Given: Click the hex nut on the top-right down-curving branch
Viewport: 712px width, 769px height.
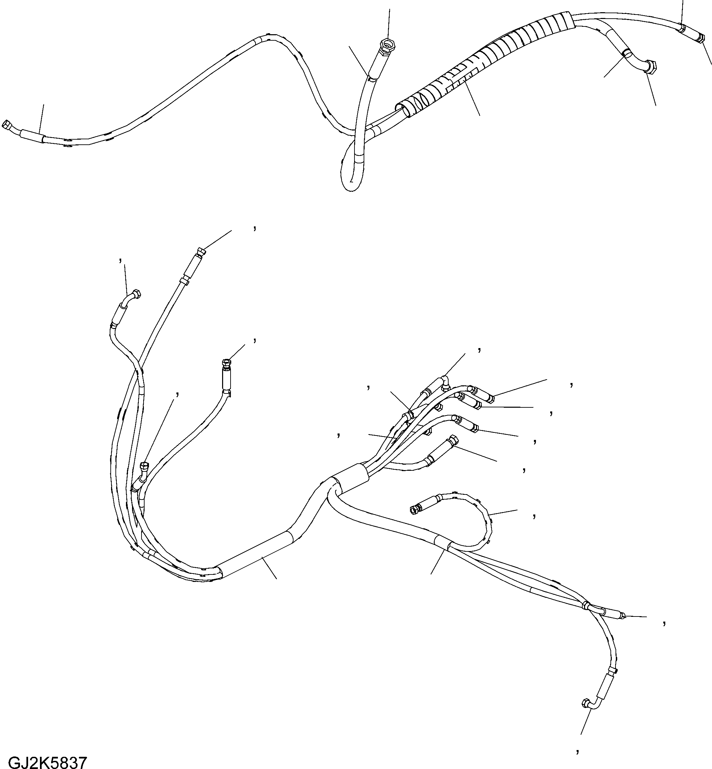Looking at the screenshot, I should click(651, 67).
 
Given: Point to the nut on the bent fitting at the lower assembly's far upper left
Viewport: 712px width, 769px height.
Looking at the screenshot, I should click(136, 295).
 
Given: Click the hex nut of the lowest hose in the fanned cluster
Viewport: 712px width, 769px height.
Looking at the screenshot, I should click(453, 439).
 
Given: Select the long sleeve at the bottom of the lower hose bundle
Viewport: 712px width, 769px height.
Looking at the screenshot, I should click(256, 554).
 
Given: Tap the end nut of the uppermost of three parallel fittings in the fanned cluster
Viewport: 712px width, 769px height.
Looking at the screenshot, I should click(491, 398).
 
